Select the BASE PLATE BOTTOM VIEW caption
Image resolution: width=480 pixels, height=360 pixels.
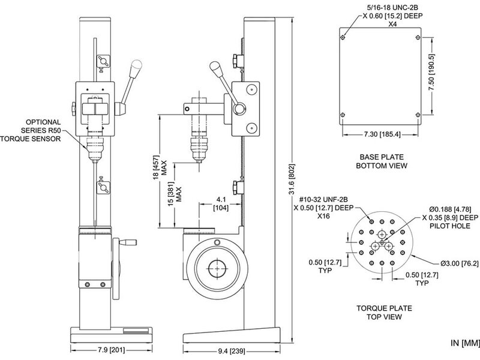coord(382,161)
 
